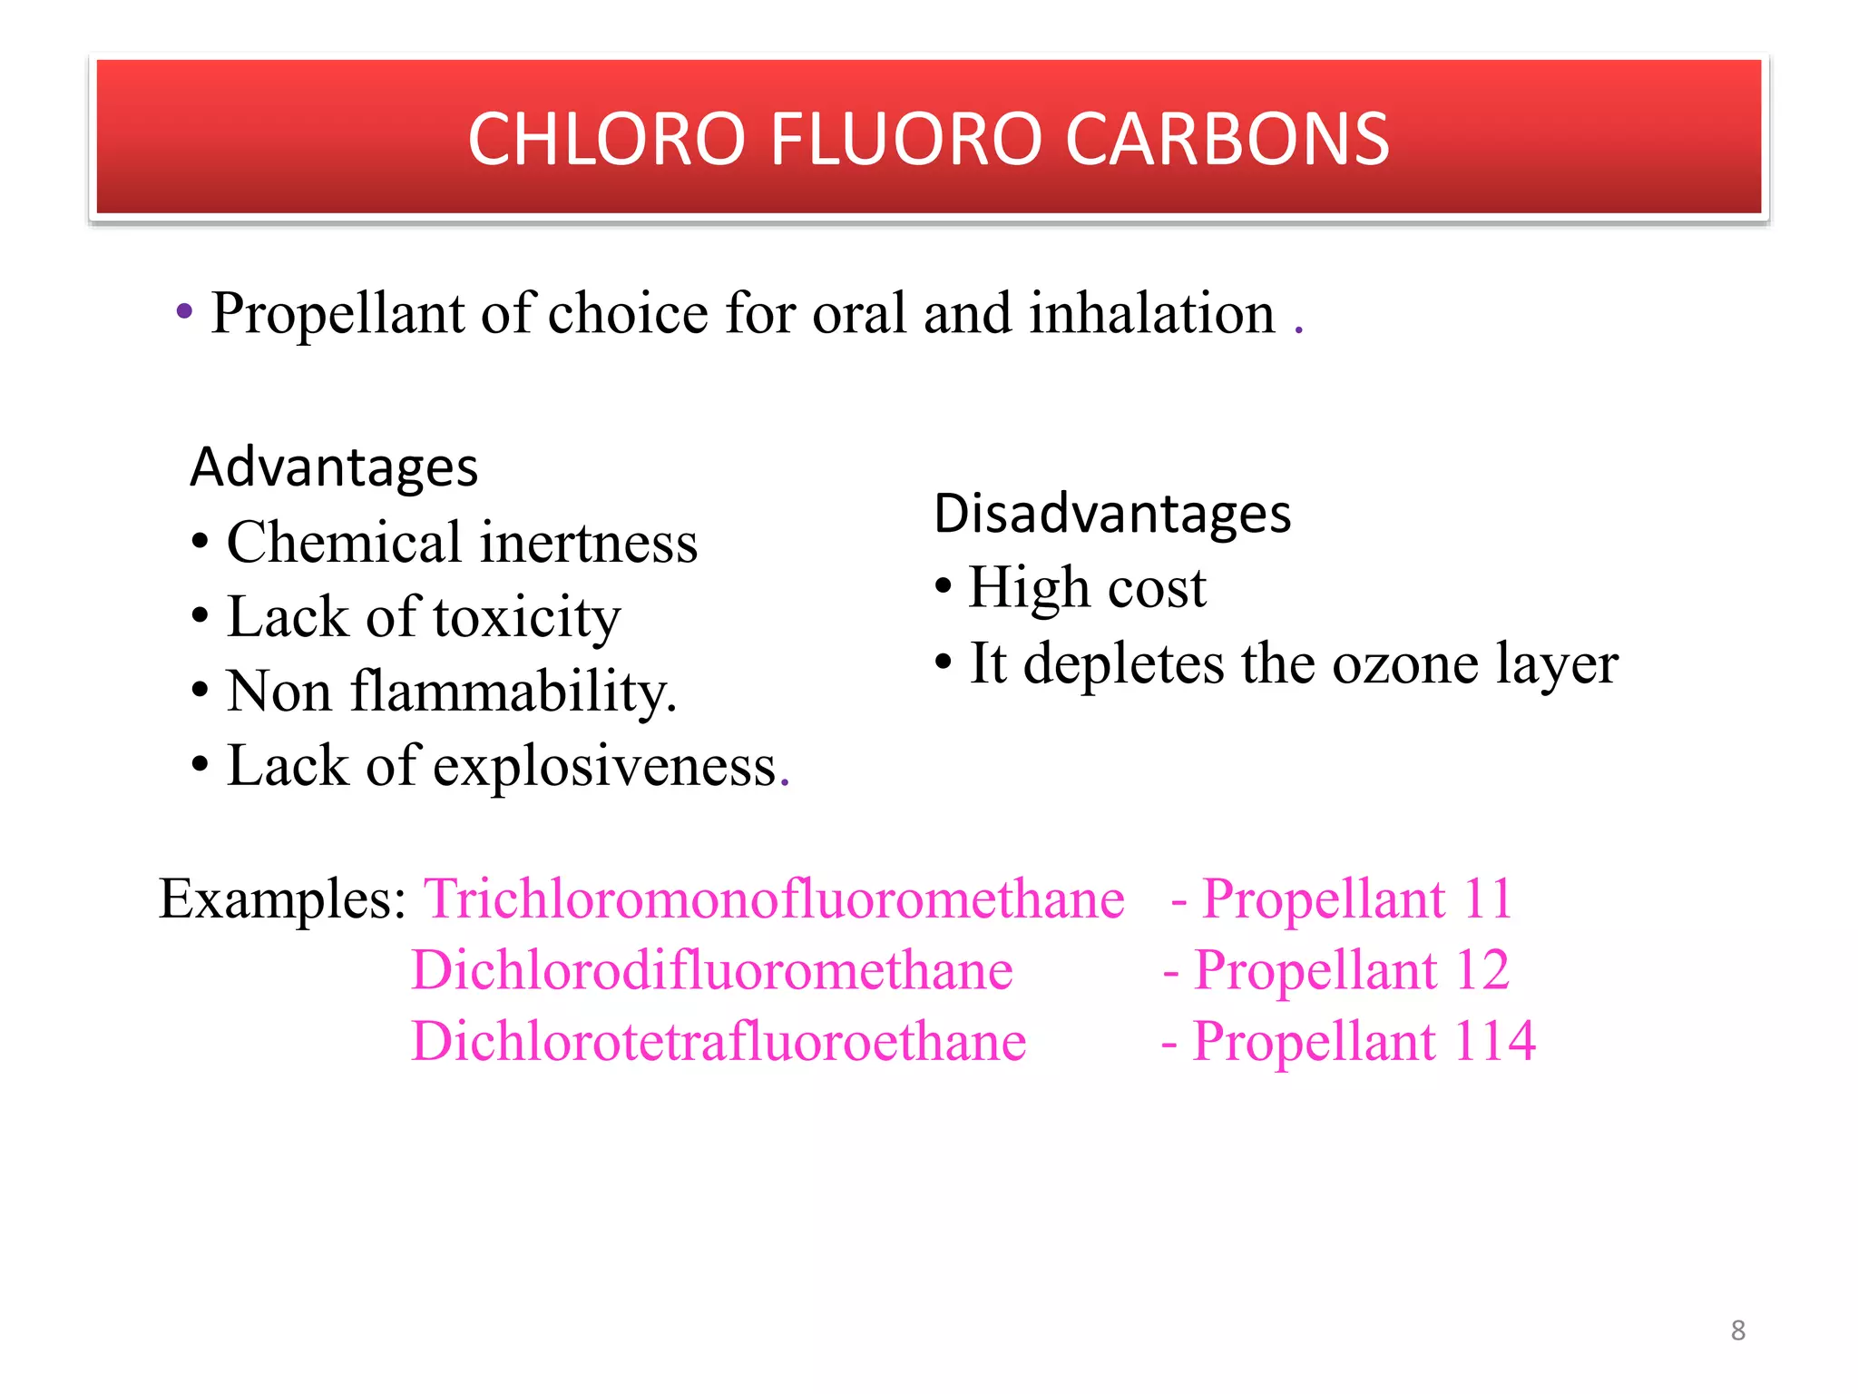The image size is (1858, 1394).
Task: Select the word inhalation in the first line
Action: (1152, 313)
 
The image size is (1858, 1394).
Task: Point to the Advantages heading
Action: (334, 467)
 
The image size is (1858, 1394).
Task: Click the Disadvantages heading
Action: (1112, 514)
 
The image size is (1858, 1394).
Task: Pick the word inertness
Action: (589, 543)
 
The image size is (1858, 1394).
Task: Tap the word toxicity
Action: (527, 618)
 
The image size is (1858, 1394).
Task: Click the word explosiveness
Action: (605, 766)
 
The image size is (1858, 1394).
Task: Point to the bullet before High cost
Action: (944, 586)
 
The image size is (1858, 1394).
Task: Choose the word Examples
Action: (282, 899)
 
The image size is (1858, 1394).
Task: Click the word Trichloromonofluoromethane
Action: (775, 899)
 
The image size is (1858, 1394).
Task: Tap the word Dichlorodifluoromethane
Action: (712, 970)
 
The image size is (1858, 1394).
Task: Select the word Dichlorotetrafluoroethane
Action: (719, 1041)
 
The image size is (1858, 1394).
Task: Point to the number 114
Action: (1494, 1041)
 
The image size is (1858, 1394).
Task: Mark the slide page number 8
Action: (1737, 1330)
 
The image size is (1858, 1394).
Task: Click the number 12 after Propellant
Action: (1482, 970)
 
